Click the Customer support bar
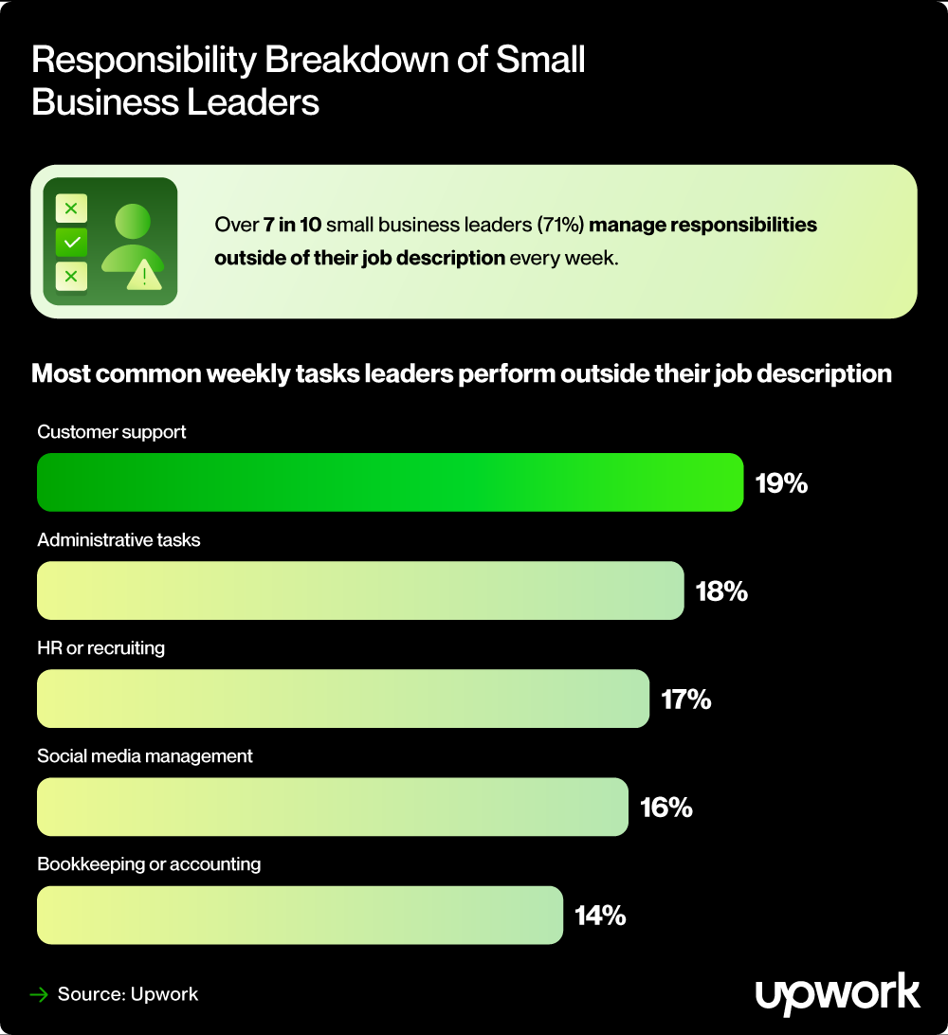coord(389,482)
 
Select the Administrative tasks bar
coord(360,590)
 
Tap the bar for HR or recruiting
coord(342,699)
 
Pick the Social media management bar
coord(332,807)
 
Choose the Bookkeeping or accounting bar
coord(300,915)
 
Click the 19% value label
coord(781,483)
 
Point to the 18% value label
coord(721,591)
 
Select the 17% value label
coord(685,699)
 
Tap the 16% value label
coord(665,808)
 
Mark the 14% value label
coord(600,916)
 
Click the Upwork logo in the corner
coord(837,993)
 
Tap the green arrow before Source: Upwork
coord(39,994)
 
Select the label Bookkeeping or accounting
coord(149,864)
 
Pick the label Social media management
coord(145,756)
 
